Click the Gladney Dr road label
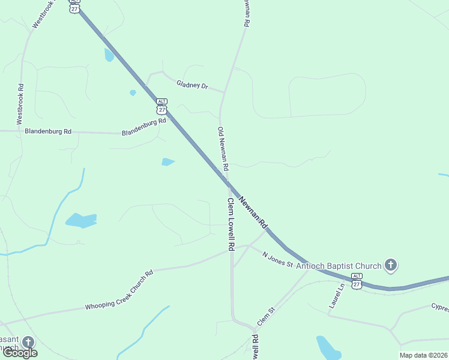(191, 85)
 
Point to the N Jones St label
(277, 260)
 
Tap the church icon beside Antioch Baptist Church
(391, 265)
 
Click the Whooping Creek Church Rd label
(119, 289)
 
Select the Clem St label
(265, 316)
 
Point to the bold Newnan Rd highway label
(253, 212)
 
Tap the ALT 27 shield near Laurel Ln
(357, 281)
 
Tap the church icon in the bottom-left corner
(28, 343)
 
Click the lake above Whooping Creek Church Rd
(81, 220)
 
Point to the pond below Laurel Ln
(328, 346)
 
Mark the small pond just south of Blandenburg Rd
(168, 161)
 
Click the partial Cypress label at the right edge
(439, 308)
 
